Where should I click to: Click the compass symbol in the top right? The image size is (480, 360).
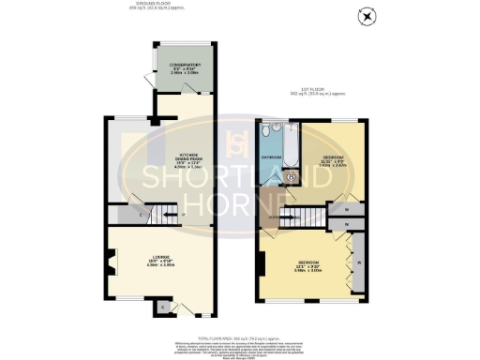click(x=367, y=15)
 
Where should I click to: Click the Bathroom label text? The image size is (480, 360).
click(x=271, y=157)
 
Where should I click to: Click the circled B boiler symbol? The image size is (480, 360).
click(x=291, y=175)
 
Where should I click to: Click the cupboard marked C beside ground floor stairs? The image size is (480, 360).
click(x=141, y=216)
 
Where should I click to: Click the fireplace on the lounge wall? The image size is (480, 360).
click(x=111, y=262)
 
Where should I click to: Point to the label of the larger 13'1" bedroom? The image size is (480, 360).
click(x=308, y=263)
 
